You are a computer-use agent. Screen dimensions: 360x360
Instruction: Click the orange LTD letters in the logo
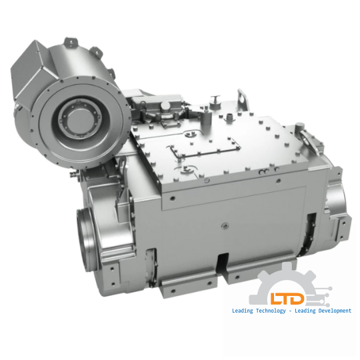[x=287, y=298]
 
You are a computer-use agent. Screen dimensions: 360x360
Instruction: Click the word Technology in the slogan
[x=271, y=311]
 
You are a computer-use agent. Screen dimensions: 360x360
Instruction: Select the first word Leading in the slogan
[x=243, y=311]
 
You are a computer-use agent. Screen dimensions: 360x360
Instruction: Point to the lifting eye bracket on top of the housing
[x=243, y=99]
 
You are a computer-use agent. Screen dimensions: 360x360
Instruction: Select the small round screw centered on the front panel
[x=225, y=227]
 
